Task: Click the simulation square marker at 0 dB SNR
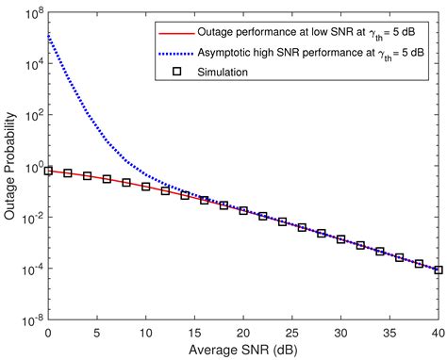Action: [x=48, y=171]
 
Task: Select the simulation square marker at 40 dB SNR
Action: [x=439, y=270]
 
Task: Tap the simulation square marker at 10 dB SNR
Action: [x=146, y=187]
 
